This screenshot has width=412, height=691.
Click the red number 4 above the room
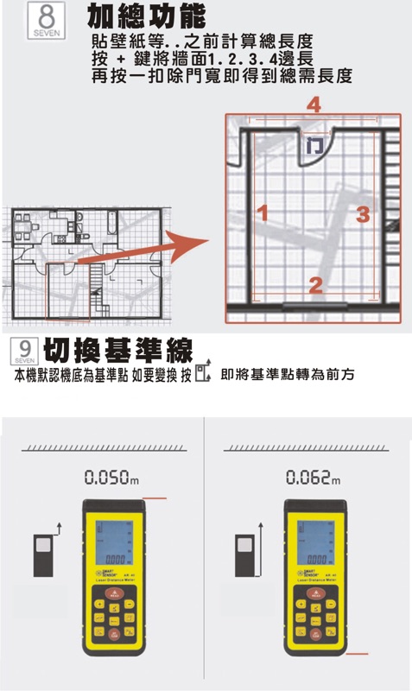click(314, 105)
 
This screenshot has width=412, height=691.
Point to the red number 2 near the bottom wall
click(315, 283)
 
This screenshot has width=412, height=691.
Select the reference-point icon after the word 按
click(203, 374)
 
